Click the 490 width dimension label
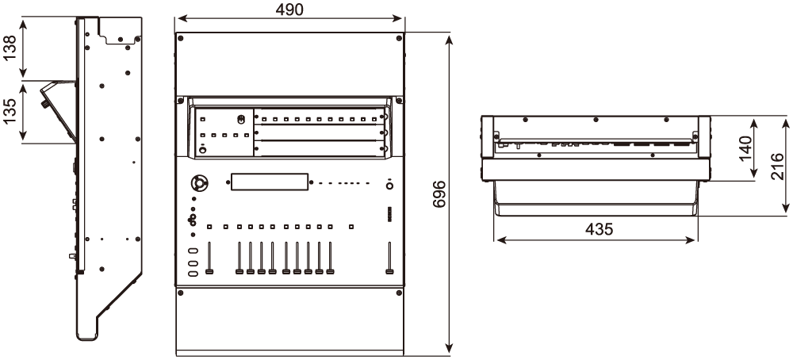[x=289, y=9]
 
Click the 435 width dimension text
[x=598, y=229]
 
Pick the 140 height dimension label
[x=746, y=148]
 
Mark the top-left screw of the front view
[x=181, y=38]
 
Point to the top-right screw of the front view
[x=399, y=38]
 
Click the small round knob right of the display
[x=389, y=185]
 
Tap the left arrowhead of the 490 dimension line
[x=179, y=17]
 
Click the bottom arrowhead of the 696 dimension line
[x=450, y=347]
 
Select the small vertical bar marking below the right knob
[x=389, y=214]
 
